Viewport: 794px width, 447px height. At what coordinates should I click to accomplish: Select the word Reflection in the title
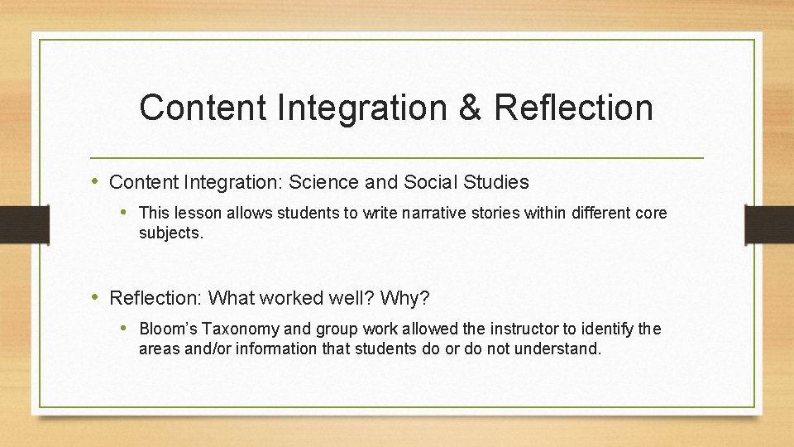point(575,108)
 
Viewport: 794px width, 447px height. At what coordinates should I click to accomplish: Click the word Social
point(428,181)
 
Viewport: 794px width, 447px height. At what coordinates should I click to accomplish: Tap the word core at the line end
point(650,214)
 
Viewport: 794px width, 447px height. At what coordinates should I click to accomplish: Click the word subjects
point(170,233)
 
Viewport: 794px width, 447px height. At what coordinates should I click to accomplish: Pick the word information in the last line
point(276,348)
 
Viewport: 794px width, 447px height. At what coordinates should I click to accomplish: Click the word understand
point(557,348)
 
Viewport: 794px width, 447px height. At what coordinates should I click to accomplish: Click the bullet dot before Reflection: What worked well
point(98,296)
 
